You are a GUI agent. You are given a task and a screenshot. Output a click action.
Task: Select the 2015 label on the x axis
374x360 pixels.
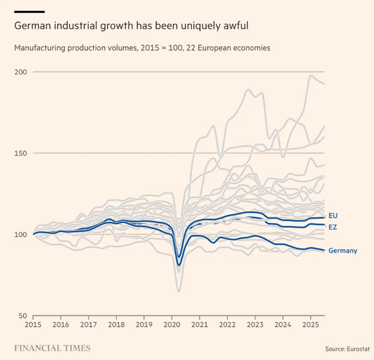point(33,325)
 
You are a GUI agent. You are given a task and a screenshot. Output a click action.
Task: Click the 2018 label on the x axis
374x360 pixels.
point(116,325)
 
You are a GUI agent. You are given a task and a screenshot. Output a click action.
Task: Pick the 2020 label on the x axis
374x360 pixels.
point(172,325)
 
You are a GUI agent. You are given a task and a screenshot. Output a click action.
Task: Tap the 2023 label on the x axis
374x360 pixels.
point(255,325)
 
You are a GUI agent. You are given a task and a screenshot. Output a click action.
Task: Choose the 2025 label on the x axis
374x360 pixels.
point(311,325)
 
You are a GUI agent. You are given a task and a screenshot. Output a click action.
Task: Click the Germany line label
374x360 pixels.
point(343,251)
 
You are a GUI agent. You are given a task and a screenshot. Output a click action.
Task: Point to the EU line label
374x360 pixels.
point(333,215)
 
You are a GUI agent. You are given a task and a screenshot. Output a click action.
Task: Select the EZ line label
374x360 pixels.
point(333,227)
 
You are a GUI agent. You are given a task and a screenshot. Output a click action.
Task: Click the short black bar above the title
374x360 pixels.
point(29,12)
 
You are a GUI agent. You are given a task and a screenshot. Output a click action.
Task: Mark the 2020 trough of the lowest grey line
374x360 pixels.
point(179,291)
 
